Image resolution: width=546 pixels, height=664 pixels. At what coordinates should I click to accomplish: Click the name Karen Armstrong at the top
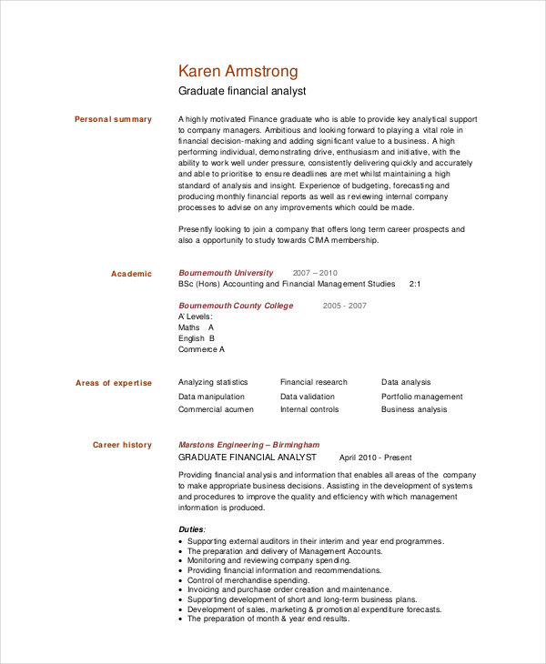tap(238, 72)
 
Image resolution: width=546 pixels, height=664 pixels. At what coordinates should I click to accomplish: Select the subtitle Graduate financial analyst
tap(242, 92)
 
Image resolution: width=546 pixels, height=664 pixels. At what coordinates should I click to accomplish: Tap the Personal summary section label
tap(113, 119)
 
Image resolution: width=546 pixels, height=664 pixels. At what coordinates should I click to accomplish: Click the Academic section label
tap(131, 274)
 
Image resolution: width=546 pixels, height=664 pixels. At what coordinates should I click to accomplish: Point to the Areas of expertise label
tap(114, 383)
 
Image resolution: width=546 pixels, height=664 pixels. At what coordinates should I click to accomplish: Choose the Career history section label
tap(122, 445)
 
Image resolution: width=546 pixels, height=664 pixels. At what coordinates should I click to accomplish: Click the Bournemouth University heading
tap(226, 273)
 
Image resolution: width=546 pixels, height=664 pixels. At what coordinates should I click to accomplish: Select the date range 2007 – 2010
tap(315, 273)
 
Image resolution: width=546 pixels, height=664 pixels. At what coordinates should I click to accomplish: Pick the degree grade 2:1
tap(415, 284)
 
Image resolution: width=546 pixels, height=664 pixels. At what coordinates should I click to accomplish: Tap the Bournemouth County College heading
tap(236, 306)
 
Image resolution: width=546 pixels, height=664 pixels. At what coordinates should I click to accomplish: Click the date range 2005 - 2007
tap(344, 306)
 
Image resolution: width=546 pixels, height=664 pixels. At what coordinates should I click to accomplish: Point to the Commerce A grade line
tap(201, 349)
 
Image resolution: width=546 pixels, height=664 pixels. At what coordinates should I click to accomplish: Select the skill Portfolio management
tap(421, 397)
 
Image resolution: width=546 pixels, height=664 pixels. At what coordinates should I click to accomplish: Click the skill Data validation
tap(307, 397)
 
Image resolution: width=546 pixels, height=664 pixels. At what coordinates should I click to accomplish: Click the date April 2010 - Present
tap(375, 458)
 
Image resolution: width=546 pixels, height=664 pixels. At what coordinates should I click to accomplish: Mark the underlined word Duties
tap(191, 528)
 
